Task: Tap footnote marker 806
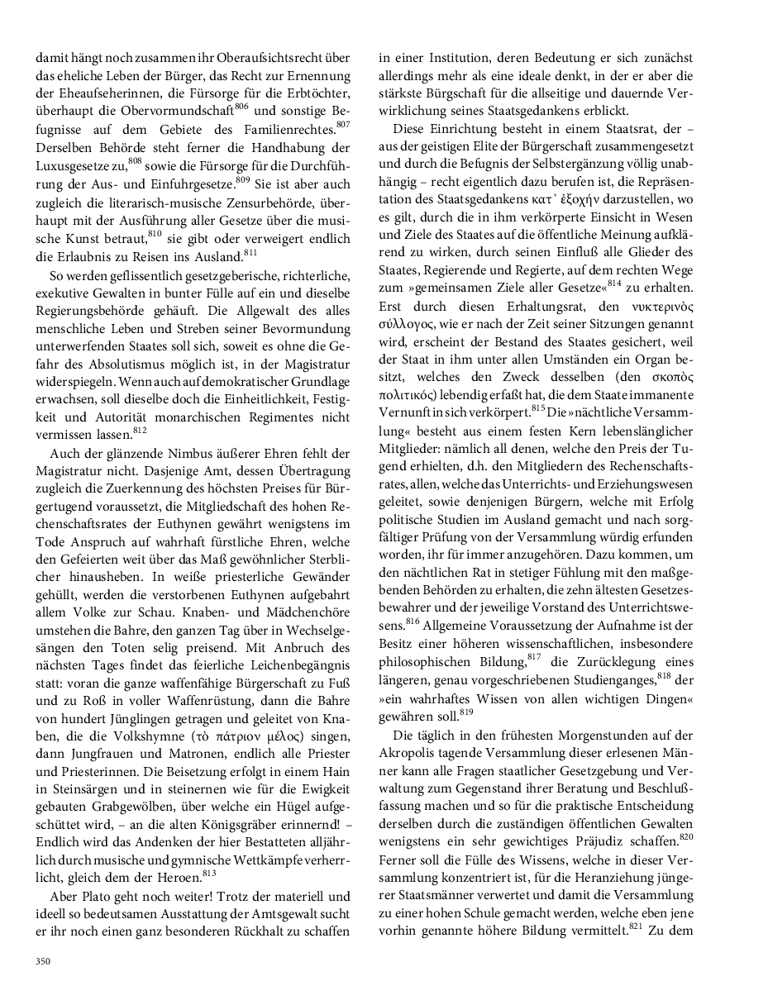pos(241,107)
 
